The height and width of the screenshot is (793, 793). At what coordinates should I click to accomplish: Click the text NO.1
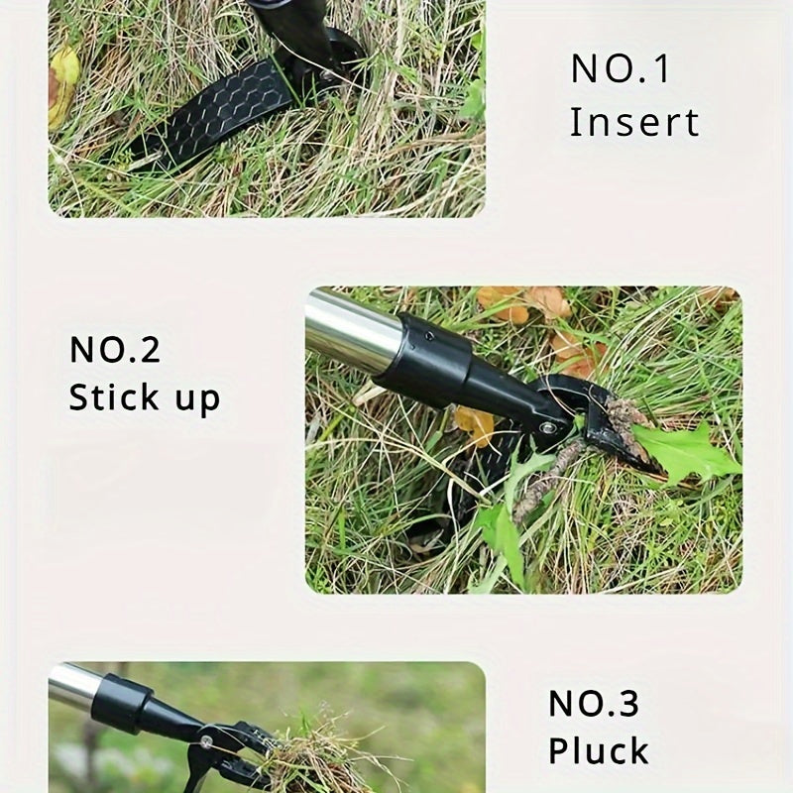620,69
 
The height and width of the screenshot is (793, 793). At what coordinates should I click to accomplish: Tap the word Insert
634,123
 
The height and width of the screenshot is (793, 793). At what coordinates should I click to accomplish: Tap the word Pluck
599,750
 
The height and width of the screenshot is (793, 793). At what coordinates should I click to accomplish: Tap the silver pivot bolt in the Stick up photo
548,427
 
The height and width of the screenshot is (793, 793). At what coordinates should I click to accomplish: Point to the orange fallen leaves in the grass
525,302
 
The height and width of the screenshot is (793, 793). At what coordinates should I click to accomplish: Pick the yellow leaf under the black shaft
475,424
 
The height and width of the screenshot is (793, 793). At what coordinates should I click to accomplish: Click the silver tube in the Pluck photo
73,686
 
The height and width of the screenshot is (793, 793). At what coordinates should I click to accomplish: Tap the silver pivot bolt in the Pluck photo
205,740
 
